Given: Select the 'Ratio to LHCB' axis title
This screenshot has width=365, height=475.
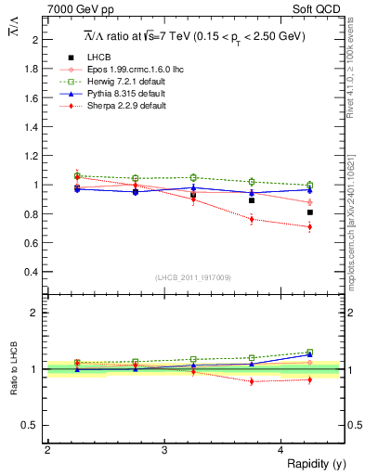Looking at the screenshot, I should click(x=13, y=369).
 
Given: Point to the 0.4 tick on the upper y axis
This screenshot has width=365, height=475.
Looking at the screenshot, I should click(x=33, y=272).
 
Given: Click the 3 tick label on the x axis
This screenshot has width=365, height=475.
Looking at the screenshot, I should click(x=164, y=449).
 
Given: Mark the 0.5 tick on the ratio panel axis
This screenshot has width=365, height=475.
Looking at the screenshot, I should click(x=33, y=425).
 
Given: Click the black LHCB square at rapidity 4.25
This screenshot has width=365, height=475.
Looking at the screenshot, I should click(x=310, y=212).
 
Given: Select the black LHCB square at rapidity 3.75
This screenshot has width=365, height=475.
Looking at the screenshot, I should click(x=252, y=200).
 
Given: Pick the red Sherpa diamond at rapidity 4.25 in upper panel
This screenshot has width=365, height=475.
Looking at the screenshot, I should click(x=310, y=226).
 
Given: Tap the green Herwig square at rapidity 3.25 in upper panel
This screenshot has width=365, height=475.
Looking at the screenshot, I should click(x=193, y=177).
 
